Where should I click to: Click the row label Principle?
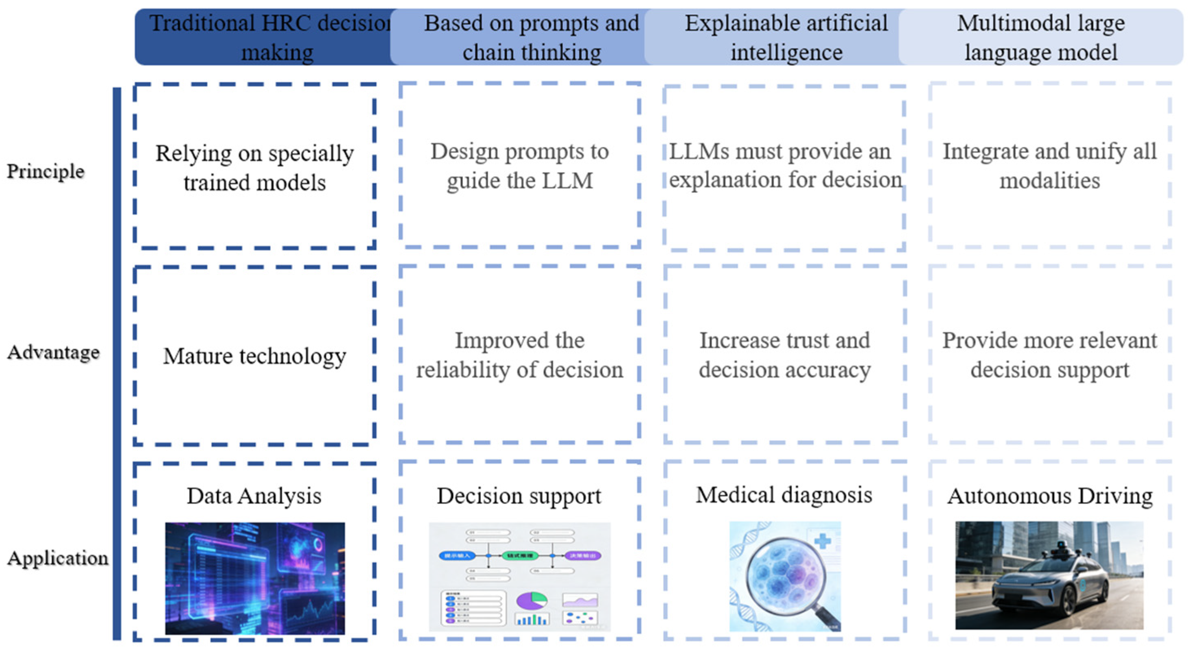coord(45,171)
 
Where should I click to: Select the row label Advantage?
coord(53,353)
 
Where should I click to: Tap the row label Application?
coord(58,558)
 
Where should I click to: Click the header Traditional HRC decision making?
coord(270,37)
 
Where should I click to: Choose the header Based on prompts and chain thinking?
coord(531,37)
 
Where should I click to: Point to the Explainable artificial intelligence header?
coord(786,37)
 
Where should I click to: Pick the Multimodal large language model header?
coord(1040,37)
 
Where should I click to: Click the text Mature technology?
coord(254,356)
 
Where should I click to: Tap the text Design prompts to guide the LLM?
coord(519,166)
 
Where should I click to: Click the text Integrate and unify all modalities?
coord(1049,166)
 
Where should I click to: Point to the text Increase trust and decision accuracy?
coord(784,355)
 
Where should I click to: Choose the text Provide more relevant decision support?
coord(1049,355)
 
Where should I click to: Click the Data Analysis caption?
coord(254,496)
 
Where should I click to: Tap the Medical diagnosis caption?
coord(784,495)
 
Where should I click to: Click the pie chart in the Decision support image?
coord(532,601)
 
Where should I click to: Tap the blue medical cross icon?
coord(822,541)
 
